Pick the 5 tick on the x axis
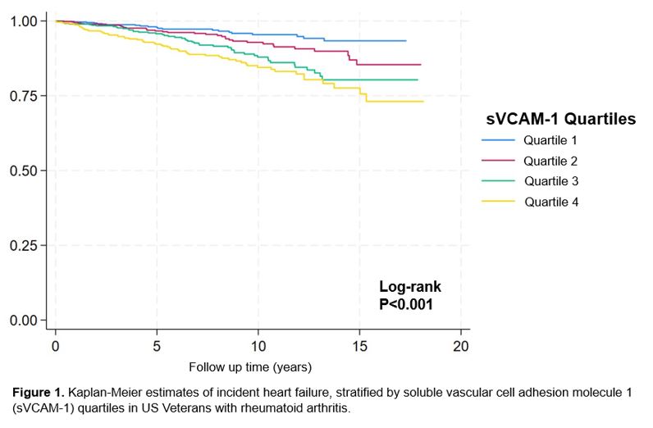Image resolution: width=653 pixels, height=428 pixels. tap(157, 345)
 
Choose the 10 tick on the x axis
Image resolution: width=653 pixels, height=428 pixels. tap(258, 345)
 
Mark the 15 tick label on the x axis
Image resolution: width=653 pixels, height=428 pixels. tap(359, 345)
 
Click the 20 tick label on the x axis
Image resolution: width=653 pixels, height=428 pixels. tap(461, 345)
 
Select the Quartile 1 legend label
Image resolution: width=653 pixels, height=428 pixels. tap(551, 140)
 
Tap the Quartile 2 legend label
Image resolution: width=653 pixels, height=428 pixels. tap(551, 161)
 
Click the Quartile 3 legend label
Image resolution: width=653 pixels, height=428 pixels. tap(551, 181)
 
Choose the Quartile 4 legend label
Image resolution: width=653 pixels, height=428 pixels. tap(551, 202)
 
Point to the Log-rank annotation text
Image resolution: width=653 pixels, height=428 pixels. tap(410, 287)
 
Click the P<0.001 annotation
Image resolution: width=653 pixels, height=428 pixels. tap(406, 304)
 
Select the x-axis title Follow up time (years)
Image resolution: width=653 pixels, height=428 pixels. tap(250, 367)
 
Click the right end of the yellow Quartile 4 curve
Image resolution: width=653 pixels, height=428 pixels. tap(422, 102)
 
